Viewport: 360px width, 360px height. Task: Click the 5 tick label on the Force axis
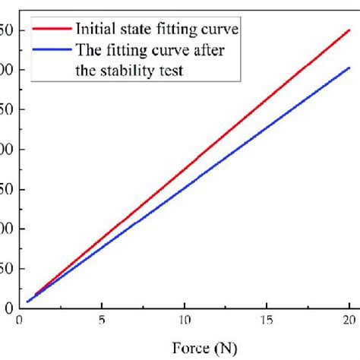102,322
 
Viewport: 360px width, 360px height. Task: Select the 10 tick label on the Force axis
183,322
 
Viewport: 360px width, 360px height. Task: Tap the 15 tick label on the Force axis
267,322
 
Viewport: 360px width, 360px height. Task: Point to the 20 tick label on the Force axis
349,322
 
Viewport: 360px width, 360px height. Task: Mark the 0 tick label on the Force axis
19,322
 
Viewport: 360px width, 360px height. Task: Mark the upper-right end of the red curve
349,30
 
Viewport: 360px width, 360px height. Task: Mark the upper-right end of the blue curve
349,68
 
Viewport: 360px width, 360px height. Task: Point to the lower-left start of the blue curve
27,302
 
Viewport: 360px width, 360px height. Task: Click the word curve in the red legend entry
219,30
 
